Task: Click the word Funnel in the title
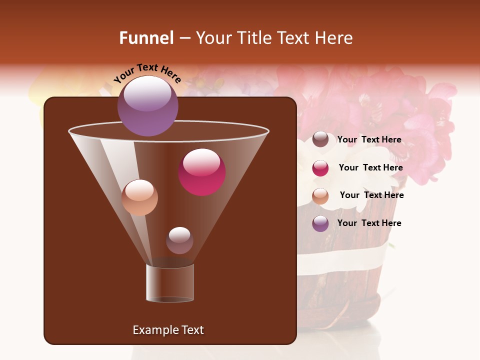146,38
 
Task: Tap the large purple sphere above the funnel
148,106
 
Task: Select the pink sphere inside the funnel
201,172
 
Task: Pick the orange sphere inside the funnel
139,197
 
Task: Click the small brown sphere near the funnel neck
179,240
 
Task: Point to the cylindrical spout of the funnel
170,283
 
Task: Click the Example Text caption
168,330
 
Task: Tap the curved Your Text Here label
147,73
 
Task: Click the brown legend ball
320,139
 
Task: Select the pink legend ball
320,168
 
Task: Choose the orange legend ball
320,196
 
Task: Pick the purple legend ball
320,223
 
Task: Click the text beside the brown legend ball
369,139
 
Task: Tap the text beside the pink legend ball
370,167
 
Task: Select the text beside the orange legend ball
371,195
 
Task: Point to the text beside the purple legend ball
369,223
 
